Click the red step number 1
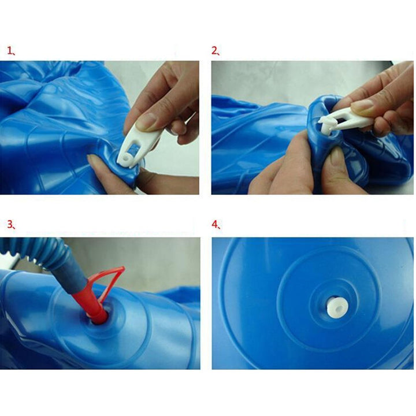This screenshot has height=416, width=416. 10,50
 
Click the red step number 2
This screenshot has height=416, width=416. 214,50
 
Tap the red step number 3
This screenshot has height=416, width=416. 10,224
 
